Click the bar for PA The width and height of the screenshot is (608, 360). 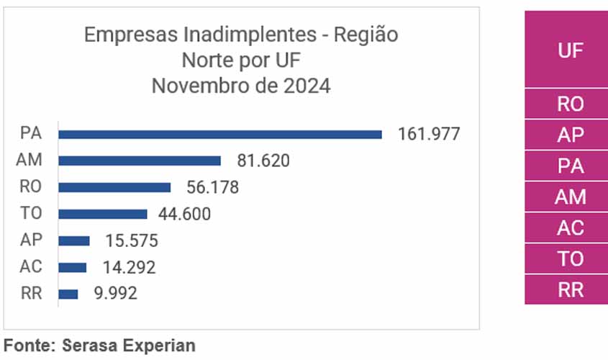[x=219, y=134]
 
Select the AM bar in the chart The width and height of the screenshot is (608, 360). [x=140, y=161]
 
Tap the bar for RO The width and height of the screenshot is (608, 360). [x=114, y=187]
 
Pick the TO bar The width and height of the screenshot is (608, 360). [x=103, y=214]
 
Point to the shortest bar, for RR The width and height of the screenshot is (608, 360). [x=68, y=294]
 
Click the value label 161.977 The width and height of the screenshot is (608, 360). [x=429, y=134]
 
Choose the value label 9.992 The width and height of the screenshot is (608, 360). [x=110, y=294]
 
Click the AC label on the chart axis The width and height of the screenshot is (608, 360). [x=31, y=267]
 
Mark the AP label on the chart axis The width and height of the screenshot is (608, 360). [x=31, y=240]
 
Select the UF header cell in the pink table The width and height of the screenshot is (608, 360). [x=570, y=50]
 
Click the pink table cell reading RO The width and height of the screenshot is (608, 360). [x=570, y=104]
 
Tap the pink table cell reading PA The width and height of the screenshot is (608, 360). [x=570, y=166]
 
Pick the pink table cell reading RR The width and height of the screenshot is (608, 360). [x=570, y=290]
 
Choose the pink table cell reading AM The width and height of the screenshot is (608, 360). [x=570, y=197]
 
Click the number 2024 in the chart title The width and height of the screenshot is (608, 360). [x=305, y=86]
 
